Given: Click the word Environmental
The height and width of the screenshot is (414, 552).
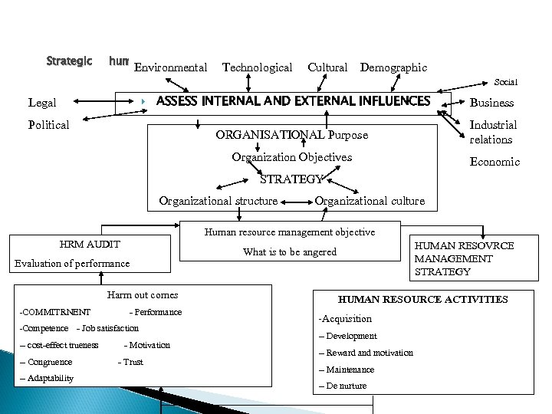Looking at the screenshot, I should (170, 67).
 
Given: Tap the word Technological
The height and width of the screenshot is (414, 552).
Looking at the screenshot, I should (257, 67).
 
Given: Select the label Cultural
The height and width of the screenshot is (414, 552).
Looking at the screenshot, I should (327, 67).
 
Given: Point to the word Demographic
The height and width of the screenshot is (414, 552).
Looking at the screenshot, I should (393, 67).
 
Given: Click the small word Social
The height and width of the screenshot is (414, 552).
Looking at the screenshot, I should (506, 82).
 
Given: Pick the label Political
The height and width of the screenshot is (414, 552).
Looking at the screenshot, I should (48, 125).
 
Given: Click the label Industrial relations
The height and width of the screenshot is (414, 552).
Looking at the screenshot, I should (493, 132).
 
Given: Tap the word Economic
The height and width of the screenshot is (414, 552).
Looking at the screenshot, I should (495, 162).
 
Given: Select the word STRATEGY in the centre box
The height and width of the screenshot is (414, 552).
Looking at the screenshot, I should (291, 180).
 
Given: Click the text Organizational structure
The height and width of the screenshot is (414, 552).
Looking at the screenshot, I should (218, 201).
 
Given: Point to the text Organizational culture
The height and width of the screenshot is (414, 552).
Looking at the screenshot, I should (370, 201).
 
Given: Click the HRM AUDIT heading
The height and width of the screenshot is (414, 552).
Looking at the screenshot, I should (90, 244).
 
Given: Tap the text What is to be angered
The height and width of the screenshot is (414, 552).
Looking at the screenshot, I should (290, 252).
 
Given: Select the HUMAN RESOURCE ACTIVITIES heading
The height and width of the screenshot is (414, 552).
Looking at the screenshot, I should (422, 299).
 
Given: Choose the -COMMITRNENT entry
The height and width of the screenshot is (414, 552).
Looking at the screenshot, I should (54, 312).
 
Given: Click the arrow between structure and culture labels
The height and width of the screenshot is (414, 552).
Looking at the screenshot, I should (296, 202).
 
